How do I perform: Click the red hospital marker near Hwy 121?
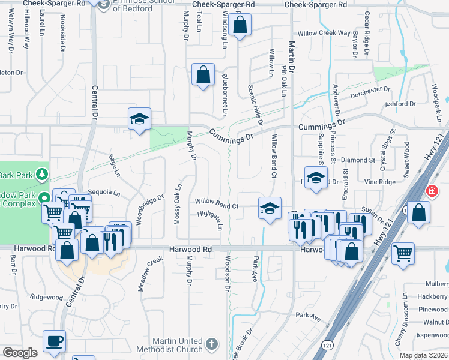[x=432, y=191]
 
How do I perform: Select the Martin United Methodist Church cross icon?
[x=211, y=344]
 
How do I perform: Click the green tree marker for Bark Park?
[x=42, y=174]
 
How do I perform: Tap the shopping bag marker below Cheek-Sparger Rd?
[x=240, y=26]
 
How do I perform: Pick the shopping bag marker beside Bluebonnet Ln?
[x=203, y=75]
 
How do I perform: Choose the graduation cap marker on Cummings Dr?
[x=139, y=119]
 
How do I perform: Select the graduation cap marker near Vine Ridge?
[x=316, y=178]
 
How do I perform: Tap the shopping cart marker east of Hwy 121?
[x=403, y=253]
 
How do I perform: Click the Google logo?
[x=20, y=353]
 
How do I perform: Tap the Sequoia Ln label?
[x=104, y=193]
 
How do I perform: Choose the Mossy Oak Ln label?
[x=178, y=204]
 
